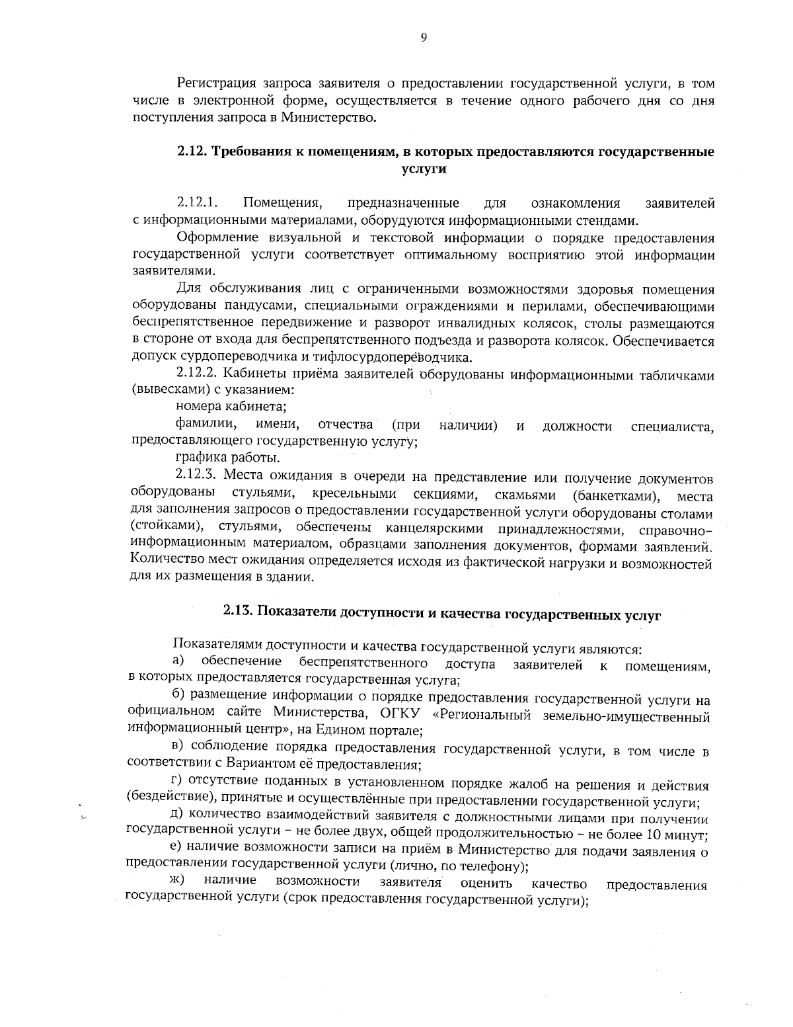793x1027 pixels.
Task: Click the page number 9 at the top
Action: click(424, 37)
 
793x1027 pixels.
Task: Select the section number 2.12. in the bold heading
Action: click(192, 151)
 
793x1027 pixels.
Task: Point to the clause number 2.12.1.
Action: click(196, 202)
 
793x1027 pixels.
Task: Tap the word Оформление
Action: click(213, 238)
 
